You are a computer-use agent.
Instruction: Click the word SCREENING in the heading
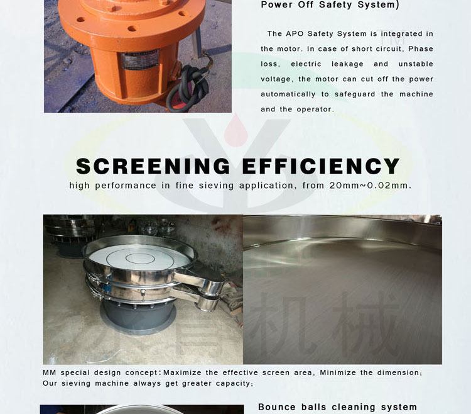coord(153,166)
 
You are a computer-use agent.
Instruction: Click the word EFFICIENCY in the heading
coord(321,166)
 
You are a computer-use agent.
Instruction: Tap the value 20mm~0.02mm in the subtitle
coord(370,186)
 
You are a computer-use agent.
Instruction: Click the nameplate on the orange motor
coord(140,59)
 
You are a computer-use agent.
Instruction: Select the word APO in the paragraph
coord(295,34)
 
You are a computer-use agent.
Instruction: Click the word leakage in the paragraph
coord(347,64)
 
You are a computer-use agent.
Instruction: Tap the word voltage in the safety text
coord(276,79)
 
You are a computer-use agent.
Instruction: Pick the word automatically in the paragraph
coord(288,94)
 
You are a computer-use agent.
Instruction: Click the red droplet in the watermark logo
coord(235,131)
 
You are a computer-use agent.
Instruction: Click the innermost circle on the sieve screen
coord(140,258)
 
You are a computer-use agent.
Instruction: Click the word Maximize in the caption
coord(182,372)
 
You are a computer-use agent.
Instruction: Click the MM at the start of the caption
coord(49,372)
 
